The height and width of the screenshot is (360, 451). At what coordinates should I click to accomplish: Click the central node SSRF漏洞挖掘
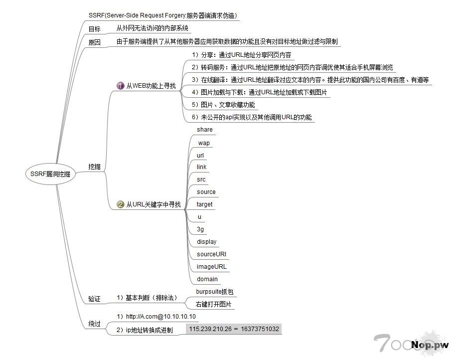pyautogui.click(x=50, y=174)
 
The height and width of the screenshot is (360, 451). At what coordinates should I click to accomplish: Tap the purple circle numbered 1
pyautogui.click(x=120, y=86)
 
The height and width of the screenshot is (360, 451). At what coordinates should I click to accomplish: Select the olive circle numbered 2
pyautogui.click(x=120, y=204)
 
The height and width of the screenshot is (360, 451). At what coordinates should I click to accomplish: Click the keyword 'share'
pyautogui.click(x=204, y=130)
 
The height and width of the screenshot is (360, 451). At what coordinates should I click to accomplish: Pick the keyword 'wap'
pyautogui.click(x=204, y=143)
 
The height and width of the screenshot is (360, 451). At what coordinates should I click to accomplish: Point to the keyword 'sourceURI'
pyautogui.click(x=211, y=254)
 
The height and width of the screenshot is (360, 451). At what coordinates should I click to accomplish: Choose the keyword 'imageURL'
pyautogui.click(x=211, y=267)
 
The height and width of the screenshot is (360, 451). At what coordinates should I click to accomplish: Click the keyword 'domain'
pyautogui.click(x=207, y=279)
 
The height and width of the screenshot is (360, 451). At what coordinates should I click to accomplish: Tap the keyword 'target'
pyautogui.click(x=204, y=204)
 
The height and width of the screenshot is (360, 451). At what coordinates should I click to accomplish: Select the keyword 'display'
pyautogui.click(x=206, y=242)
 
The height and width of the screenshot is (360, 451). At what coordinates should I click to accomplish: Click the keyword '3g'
pyautogui.click(x=200, y=229)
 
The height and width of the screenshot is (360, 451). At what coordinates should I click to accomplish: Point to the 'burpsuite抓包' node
pyautogui.click(x=215, y=291)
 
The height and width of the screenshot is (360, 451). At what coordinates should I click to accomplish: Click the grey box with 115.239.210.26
pyautogui.click(x=234, y=329)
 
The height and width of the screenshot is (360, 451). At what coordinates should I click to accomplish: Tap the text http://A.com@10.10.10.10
pyautogui.click(x=156, y=317)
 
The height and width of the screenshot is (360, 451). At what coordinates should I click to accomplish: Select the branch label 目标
pyautogui.click(x=94, y=29)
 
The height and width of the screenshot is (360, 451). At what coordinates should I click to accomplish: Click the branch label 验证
pyautogui.click(x=94, y=299)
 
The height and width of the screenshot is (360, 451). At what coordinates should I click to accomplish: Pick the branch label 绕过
pyautogui.click(x=94, y=324)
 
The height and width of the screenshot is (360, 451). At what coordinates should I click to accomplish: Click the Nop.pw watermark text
pyautogui.click(x=430, y=345)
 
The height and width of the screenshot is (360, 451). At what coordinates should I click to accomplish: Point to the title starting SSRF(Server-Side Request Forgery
pyautogui.click(x=162, y=15)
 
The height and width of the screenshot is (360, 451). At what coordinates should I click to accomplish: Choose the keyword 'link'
pyautogui.click(x=201, y=167)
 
